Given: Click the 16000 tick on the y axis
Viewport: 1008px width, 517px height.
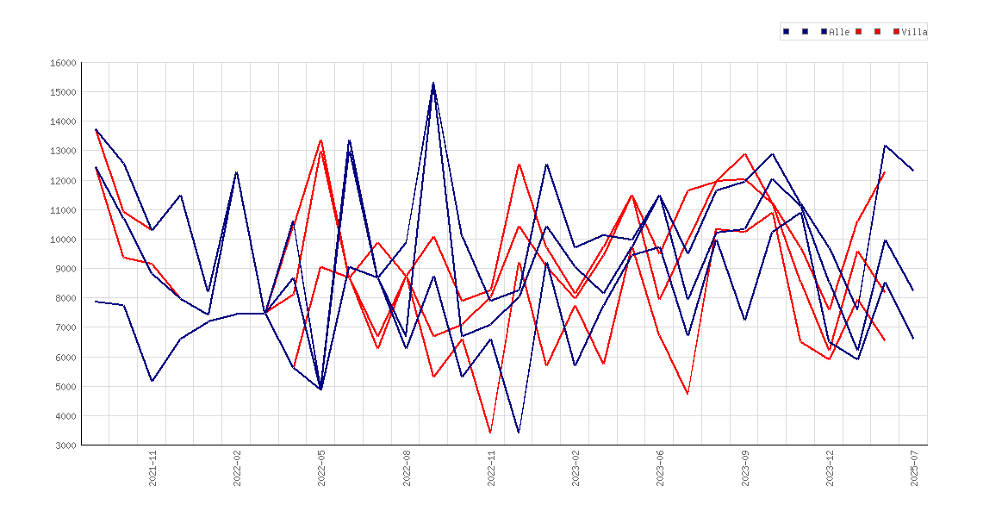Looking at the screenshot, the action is (63, 63).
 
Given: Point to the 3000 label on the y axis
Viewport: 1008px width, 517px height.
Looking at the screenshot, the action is (65, 445).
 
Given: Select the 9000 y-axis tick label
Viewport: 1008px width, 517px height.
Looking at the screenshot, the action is (65, 269).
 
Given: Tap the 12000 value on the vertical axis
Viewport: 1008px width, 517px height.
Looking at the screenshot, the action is (63, 181).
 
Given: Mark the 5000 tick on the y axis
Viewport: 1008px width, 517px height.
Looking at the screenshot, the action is (65, 387).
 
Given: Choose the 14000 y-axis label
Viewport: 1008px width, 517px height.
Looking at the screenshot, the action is (63, 121).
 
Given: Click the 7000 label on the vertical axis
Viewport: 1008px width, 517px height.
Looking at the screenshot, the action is (65, 327).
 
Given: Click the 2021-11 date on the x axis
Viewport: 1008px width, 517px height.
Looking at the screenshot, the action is (153, 468).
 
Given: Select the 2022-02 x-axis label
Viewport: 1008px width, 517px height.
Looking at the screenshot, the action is (237, 468).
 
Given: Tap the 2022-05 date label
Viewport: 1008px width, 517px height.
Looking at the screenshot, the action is (322, 468).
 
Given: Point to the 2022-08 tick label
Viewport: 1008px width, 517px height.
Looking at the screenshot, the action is (407, 468).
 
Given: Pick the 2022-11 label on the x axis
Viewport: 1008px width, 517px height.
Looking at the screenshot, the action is (492, 468).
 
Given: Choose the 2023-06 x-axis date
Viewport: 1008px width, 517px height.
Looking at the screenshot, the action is (660, 468).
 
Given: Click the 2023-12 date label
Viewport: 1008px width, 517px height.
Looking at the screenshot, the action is (830, 468).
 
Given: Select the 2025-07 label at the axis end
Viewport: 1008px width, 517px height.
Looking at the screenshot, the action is (914, 468).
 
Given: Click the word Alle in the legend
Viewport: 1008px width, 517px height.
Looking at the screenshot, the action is (840, 32).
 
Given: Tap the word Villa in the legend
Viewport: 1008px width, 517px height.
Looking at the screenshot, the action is (914, 32).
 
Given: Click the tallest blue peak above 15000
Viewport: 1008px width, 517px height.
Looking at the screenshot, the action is (433, 83).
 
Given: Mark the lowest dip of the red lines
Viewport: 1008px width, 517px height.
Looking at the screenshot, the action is (490, 432).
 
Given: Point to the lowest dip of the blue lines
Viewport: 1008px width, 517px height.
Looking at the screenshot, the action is (519, 432).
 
